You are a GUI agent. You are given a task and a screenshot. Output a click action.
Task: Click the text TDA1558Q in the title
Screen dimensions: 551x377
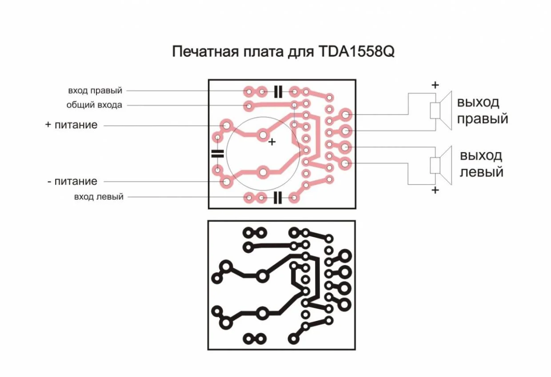(x=356, y=52)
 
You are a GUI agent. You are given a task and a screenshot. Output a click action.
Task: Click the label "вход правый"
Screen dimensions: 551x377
(x=95, y=91)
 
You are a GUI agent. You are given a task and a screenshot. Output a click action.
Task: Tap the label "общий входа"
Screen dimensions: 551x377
(x=94, y=105)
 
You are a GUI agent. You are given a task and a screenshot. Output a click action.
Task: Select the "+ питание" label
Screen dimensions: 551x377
(x=72, y=125)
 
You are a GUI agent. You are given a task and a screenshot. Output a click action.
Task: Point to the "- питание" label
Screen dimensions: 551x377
(x=72, y=181)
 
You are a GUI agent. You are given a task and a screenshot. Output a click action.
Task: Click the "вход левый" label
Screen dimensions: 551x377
(x=99, y=197)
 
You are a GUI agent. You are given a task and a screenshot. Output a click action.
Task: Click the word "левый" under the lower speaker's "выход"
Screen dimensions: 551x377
(x=482, y=172)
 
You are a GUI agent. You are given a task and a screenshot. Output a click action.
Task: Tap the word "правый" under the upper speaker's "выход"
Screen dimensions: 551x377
(x=483, y=119)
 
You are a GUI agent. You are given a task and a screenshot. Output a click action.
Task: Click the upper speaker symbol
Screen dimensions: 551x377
(x=441, y=111)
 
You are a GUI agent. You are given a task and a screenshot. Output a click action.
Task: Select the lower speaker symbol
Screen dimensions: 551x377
(x=441, y=165)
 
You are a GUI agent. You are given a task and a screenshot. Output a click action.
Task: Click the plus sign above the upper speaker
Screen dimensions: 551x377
(x=435, y=85)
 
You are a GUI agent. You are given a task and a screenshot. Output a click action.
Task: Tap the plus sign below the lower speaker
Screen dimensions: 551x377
(x=435, y=190)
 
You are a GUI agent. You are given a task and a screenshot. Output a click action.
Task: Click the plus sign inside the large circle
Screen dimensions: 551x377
(x=272, y=142)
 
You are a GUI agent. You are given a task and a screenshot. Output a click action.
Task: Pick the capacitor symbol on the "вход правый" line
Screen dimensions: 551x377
(x=278, y=92)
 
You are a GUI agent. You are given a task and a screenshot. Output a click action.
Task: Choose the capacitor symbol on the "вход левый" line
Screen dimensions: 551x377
(x=278, y=198)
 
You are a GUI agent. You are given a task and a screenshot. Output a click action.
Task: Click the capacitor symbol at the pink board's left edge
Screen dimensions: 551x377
(x=218, y=153)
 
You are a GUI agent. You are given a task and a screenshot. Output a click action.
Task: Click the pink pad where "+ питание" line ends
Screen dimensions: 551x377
(x=226, y=125)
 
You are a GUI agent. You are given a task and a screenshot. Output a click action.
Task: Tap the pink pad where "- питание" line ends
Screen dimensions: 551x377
(x=226, y=182)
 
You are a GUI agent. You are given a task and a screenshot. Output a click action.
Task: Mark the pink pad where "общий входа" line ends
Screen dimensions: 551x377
(x=249, y=106)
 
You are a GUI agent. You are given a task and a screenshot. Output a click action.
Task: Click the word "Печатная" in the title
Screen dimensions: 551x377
(x=205, y=52)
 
